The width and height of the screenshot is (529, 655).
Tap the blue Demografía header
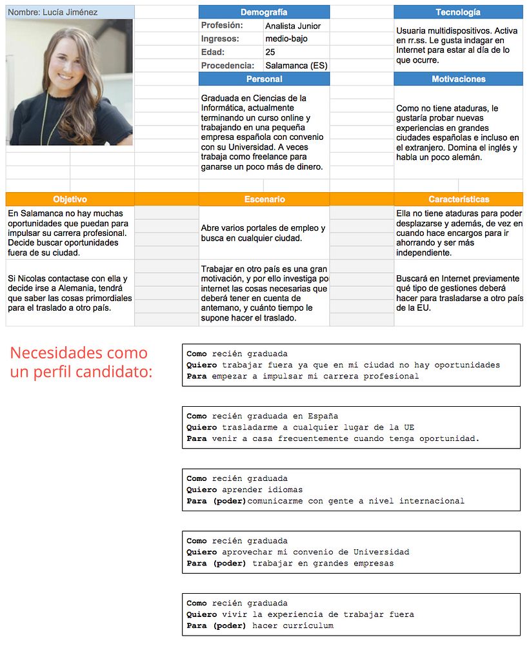[x=264, y=12]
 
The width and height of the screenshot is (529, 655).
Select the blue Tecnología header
[x=458, y=12]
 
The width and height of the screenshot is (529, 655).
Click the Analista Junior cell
[x=293, y=26]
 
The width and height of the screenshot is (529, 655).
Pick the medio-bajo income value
[x=286, y=39]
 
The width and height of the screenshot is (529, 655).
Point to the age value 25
[x=270, y=52]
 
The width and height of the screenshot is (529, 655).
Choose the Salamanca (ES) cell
[x=296, y=66]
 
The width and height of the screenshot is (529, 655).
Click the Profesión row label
[x=222, y=26]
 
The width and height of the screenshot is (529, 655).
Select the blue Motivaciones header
[x=458, y=79]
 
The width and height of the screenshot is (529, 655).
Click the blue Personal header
[x=264, y=79]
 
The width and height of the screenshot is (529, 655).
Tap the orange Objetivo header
[x=70, y=199]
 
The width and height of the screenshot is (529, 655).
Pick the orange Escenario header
[x=264, y=199]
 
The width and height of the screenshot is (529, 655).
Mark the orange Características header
[x=458, y=199]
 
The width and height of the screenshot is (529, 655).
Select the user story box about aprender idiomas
[x=351, y=490]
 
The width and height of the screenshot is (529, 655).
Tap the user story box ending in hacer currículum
[x=351, y=614]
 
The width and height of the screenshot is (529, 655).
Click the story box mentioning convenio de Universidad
[x=351, y=552]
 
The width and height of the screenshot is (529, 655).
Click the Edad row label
[x=213, y=52]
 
